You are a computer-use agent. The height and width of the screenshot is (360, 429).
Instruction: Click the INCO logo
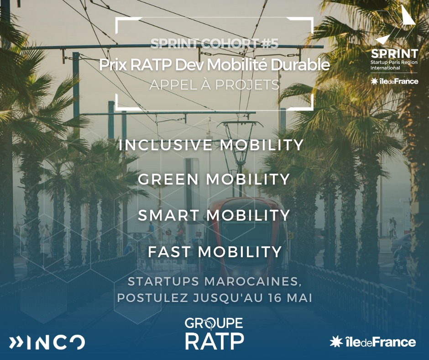(47, 342)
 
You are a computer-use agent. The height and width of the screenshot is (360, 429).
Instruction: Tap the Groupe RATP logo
(214, 334)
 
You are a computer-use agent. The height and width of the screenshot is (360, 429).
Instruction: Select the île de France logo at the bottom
(373, 342)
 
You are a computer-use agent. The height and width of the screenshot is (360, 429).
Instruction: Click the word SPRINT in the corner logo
(394, 54)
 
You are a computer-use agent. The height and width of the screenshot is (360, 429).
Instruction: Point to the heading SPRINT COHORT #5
(214, 43)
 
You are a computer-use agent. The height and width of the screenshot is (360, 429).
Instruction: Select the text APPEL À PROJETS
(214, 85)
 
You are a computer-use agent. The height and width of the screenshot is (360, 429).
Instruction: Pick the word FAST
(169, 252)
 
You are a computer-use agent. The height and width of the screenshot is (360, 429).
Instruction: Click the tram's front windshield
(244, 229)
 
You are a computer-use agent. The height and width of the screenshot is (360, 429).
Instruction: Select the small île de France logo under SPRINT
(394, 81)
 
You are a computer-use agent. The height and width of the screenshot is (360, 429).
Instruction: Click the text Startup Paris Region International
(394, 65)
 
